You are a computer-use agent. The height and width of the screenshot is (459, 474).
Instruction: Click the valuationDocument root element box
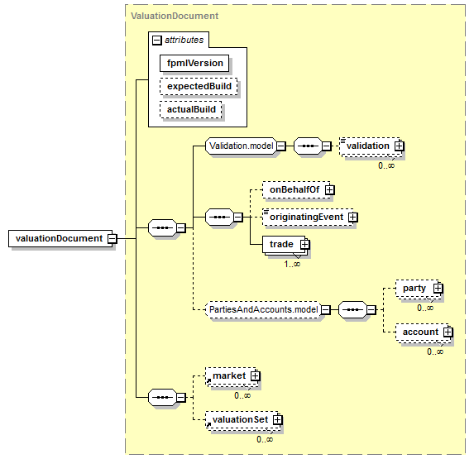pyautogui.click(x=60, y=238)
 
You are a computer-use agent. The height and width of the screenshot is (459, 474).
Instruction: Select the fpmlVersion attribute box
pyautogui.click(x=194, y=63)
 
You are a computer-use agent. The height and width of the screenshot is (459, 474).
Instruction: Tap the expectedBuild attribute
pyautogui.click(x=199, y=86)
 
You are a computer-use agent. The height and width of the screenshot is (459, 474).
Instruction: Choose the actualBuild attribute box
pyautogui.click(x=191, y=109)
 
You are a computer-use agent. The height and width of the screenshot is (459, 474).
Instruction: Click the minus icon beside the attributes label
pyautogui.click(x=156, y=41)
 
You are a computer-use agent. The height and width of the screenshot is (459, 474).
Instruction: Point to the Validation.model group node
pyautogui.click(x=241, y=146)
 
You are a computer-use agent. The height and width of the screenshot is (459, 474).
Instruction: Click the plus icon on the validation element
pyautogui.click(x=400, y=146)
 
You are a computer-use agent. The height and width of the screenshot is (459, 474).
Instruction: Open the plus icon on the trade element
pyautogui.click(x=304, y=244)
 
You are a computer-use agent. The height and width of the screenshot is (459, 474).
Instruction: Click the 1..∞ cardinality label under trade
pyautogui.click(x=292, y=264)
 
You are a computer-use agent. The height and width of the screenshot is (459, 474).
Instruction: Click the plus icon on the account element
pyautogui.click(x=448, y=332)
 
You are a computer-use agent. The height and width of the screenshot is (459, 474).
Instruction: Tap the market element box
pyautogui.click(x=232, y=376)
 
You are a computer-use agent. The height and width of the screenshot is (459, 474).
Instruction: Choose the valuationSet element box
pyautogui.click(x=242, y=420)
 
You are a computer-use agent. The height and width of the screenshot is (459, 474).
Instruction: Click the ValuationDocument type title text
pyautogui.click(x=175, y=16)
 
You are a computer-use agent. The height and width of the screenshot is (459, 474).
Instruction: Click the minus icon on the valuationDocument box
pyautogui.click(x=113, y=239)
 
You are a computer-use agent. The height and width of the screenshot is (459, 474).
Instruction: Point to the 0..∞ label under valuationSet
pyautogui.click(x=265, y=439)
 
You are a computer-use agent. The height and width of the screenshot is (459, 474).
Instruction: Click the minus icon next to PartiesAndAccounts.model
pyautogui.click(x=326, y=310)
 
